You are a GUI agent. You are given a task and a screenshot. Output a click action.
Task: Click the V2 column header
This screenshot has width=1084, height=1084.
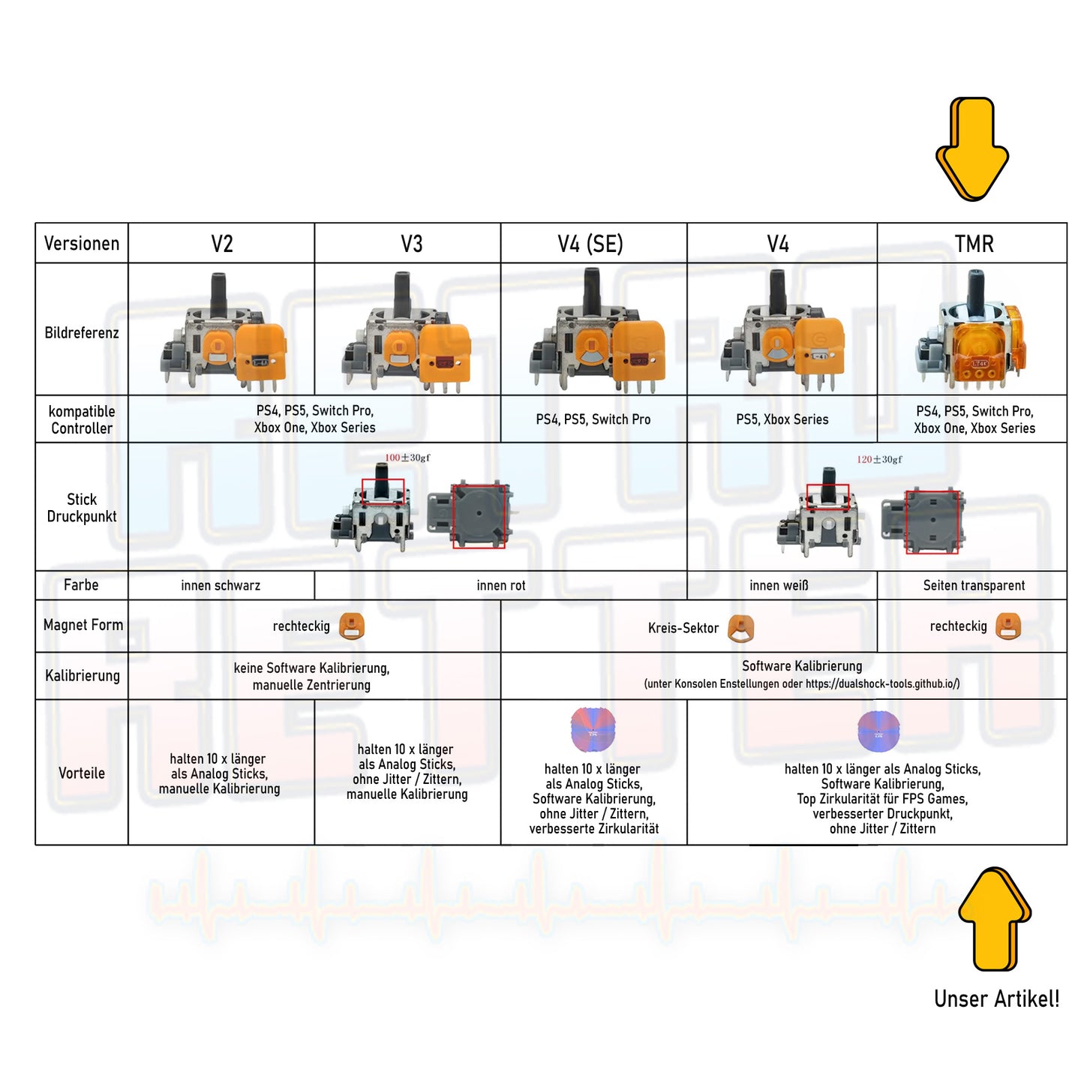[x=221, y=244]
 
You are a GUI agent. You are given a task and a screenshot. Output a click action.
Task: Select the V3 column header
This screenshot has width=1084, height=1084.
[x=411, y=244]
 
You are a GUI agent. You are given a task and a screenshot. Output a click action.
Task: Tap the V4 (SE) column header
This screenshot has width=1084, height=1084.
[x=590, y=244]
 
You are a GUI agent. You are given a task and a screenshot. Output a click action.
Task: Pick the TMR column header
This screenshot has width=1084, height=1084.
[x=974, y=244]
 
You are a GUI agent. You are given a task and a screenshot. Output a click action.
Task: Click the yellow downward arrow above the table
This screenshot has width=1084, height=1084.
[x=972, y=149]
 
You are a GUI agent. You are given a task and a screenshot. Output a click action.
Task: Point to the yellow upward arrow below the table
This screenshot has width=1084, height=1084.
[x=995, y=919]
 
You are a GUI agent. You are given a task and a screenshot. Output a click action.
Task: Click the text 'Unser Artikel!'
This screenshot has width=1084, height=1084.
[x=996, y=999]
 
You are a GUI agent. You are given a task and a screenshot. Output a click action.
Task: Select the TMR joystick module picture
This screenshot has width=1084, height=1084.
[x=971, y=330]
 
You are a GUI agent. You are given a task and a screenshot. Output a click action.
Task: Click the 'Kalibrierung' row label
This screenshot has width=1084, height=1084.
[x=82, y=675]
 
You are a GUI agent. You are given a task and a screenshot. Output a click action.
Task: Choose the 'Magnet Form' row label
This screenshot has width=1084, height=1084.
[x=83, y=625]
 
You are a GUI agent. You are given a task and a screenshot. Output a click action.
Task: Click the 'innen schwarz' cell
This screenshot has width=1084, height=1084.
[x=221, y=585]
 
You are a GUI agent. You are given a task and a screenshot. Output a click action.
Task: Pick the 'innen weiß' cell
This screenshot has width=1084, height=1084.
[x=779, y=585]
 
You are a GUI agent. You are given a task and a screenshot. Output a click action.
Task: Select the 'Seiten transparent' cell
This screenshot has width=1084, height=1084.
[x=974, y=585]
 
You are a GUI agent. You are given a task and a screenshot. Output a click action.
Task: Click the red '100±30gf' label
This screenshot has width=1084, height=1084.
[x=407, y=458]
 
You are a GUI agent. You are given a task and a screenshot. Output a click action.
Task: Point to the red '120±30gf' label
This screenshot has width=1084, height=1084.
[x=879, y=459]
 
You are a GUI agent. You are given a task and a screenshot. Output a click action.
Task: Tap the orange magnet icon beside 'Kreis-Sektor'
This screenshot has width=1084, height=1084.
[x=741, y=628]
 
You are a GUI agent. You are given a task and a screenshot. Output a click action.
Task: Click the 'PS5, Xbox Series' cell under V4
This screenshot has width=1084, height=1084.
[x=782, y=419]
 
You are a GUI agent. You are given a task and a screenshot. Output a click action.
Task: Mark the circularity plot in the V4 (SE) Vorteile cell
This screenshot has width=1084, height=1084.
[x=593, y=729]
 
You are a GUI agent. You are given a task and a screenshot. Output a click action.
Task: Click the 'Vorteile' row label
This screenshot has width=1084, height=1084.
[x=82, y=773]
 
